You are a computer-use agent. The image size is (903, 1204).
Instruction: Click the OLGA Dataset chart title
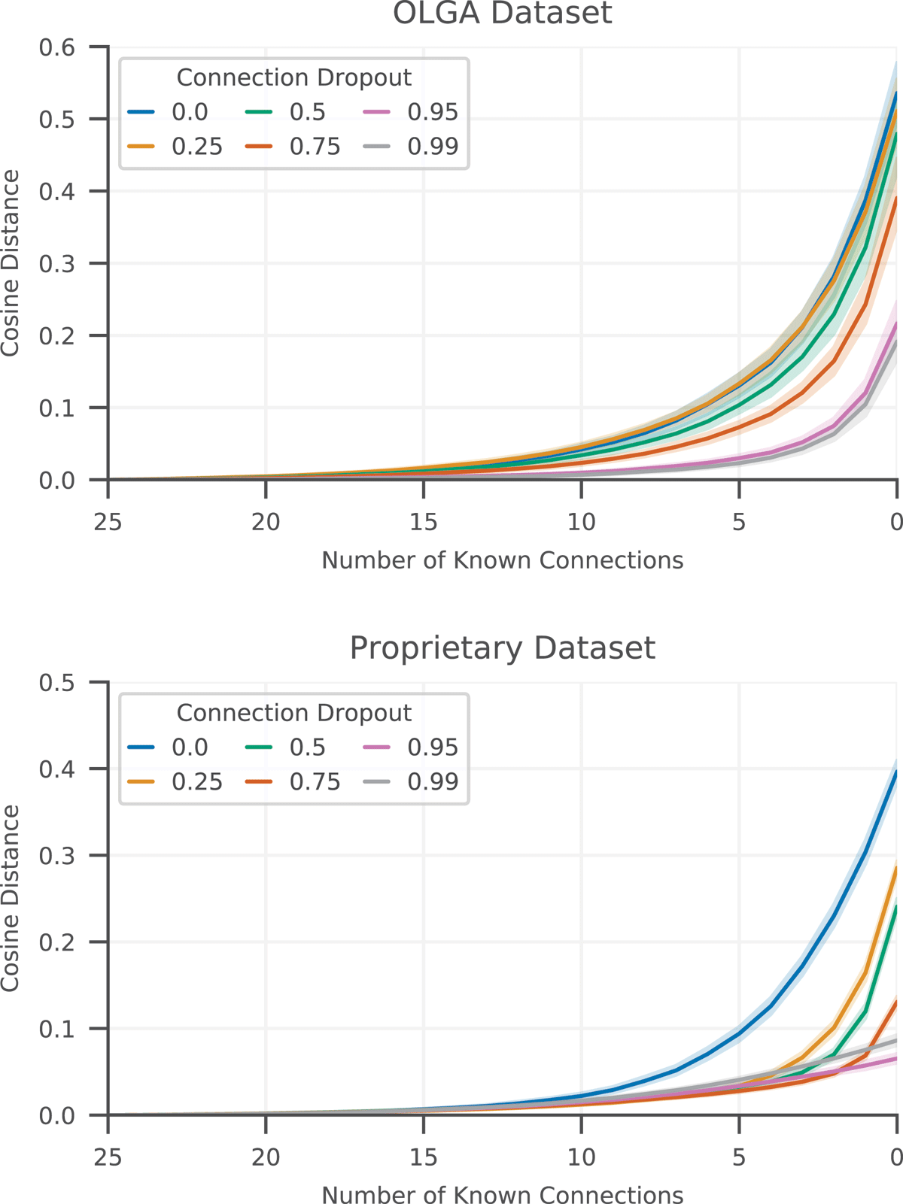(502, 14)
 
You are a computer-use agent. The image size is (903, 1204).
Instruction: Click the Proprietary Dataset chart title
(502, 648)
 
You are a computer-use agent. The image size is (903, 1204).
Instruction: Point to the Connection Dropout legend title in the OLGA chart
(293, 77)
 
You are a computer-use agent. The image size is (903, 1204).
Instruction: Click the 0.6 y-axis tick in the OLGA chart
(57, 47)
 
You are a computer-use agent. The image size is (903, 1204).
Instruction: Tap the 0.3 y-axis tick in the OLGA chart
(57, 263)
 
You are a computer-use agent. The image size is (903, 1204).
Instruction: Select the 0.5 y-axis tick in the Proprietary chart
(57, 683)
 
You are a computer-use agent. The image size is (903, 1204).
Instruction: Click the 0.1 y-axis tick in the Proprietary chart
(57, 1029)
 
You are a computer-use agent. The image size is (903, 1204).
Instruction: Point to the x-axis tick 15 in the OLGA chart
(424, 521)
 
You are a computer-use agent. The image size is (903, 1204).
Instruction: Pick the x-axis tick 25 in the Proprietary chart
(108, 1157)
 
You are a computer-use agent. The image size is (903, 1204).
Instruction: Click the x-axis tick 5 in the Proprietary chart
(739, 1157)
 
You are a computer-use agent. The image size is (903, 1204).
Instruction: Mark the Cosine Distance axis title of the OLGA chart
(11, 263)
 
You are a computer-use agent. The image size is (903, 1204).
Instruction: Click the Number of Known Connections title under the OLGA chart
(502, 560)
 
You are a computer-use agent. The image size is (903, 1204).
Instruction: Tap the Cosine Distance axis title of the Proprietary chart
(11, 899)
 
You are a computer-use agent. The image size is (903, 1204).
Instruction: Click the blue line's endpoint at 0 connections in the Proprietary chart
(895, 772)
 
